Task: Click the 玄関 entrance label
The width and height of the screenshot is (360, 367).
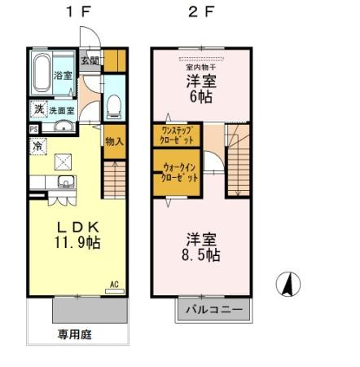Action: coord(90,60)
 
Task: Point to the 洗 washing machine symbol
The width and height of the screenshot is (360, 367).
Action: coord(38,108)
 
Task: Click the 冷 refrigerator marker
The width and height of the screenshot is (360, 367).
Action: coord(38,145)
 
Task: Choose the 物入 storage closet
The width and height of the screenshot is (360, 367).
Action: coord(113,141)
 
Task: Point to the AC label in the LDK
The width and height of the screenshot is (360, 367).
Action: coord(114,284)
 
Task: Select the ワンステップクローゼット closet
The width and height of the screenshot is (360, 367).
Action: coord(175,135)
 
